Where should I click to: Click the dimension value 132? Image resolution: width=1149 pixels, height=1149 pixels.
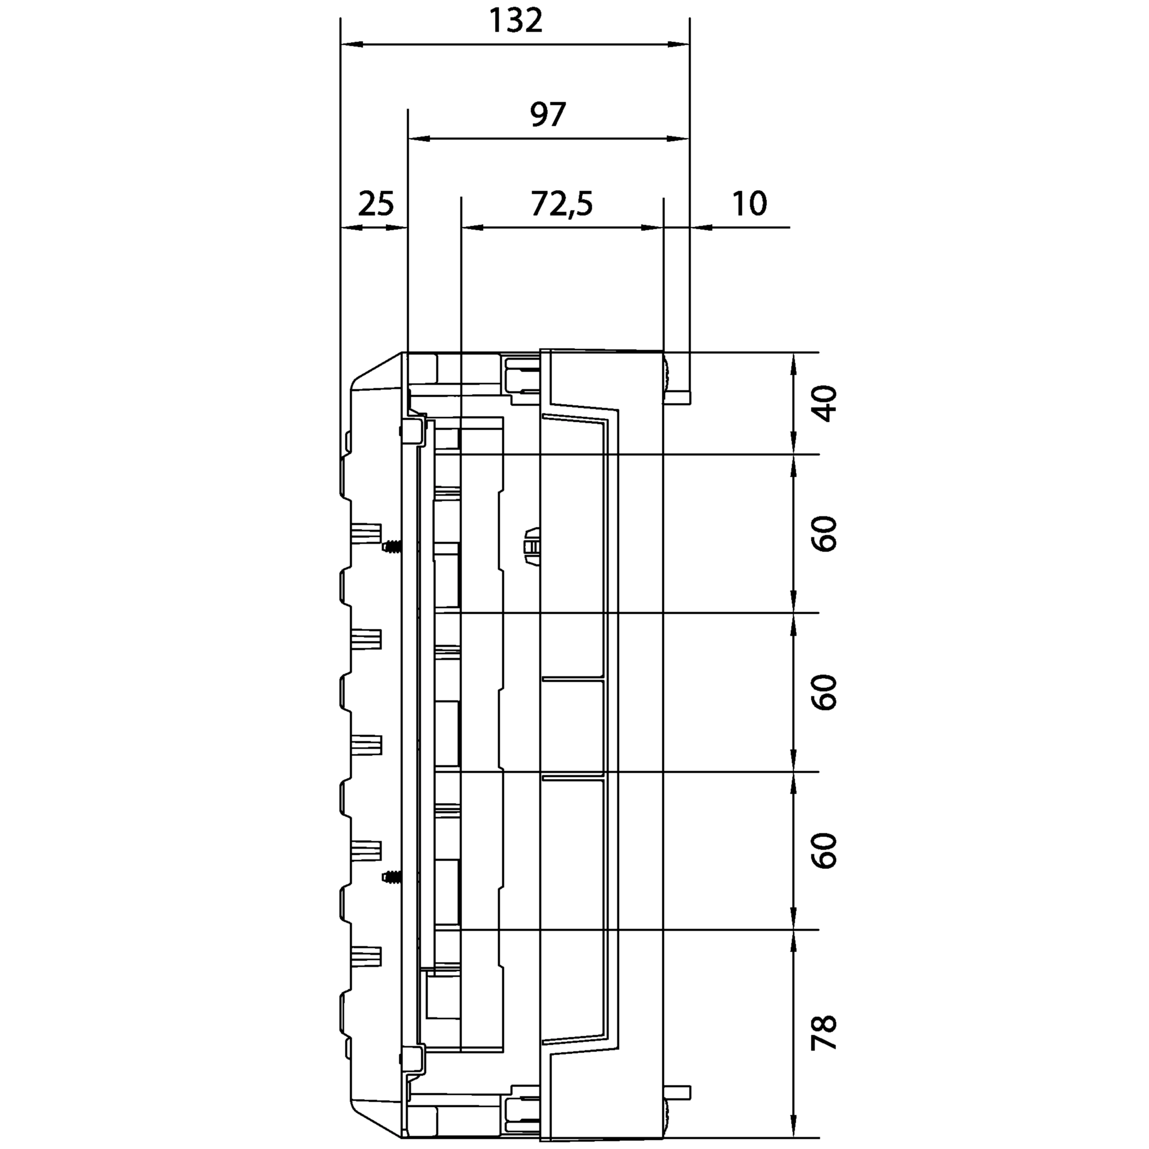click(515, 21)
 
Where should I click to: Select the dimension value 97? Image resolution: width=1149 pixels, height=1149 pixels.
click(548, 115)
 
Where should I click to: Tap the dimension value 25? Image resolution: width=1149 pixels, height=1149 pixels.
click(376, 204)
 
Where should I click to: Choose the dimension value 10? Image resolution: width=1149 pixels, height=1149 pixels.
click(750, 204)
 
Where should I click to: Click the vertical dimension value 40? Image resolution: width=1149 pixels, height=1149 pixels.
click(825, 404)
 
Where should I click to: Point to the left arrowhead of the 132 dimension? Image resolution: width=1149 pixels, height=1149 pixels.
click(352, 44)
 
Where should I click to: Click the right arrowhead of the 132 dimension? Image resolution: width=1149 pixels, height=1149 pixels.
click(679, 44)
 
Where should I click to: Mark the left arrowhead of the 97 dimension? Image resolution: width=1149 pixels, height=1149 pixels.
click(419, 138)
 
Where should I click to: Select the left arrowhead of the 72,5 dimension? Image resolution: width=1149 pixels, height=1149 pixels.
click(473, 227)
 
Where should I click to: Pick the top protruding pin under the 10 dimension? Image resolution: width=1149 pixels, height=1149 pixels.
click(677, 397)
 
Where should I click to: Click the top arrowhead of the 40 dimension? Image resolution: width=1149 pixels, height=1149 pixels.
click(793, 363)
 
